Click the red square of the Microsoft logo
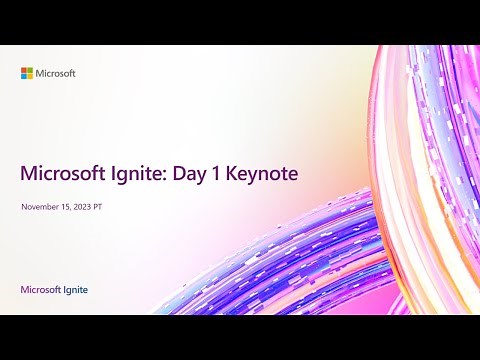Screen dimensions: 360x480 pos(25,69)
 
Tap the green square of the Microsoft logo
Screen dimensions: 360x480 pos(31,69)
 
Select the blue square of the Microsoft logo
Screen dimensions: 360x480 pos(25,76)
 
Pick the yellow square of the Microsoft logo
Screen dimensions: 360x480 pos(31,76)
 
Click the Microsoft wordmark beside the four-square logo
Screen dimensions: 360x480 pos(57,73)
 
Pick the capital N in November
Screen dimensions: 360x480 pos(24,207)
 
